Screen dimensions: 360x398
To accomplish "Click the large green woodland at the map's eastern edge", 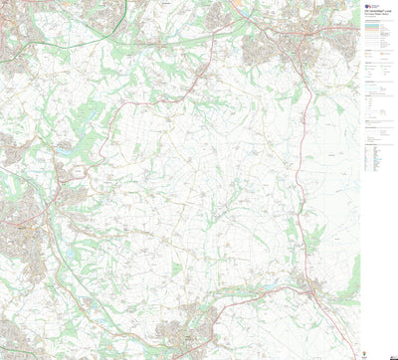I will (x=348, y=288).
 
